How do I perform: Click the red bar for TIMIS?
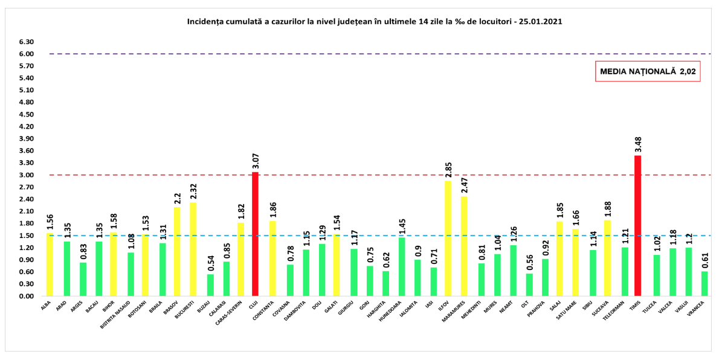(x=637, y=226)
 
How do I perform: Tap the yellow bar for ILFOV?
(x=448, y=239)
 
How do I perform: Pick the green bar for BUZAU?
(x=210, y=285)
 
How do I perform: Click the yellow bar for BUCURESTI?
(x=193, y=249)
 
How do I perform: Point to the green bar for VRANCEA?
(x=704, y=284)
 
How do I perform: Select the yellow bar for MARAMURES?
(x=463, y=246)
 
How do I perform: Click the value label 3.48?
(x=637, y=145)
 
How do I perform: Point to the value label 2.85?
(x=448, y=170)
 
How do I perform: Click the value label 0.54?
(x=210, y=263)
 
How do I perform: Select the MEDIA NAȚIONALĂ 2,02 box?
(x=647, y=71)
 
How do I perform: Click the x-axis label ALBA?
(x=46, y=305)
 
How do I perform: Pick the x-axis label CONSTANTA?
(x=268, y=310)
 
